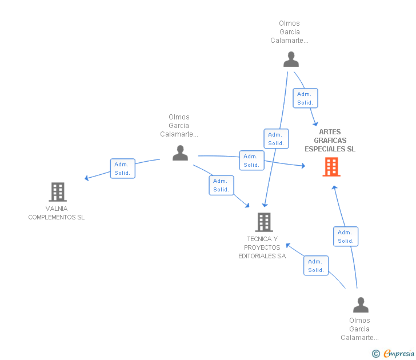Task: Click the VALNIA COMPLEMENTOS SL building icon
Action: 58,192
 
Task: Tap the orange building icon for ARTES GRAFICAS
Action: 331,167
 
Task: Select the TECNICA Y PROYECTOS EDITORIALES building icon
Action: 263,222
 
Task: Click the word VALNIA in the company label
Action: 57,209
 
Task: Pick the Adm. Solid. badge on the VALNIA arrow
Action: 122,169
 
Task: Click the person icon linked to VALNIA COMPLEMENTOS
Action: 181,153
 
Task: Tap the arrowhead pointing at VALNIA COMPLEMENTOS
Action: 87,178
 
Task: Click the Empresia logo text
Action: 398,353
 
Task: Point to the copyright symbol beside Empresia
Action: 375,354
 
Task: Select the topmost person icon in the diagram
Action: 291,59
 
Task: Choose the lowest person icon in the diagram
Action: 361,305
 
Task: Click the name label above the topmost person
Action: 289,32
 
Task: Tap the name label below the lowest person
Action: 359,329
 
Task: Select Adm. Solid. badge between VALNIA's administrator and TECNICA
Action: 221,185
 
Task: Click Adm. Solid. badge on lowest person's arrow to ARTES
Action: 345,237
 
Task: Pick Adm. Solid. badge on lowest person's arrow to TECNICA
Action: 316,266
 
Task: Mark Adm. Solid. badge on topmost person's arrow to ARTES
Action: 305,98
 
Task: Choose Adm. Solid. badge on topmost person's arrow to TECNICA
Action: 276,139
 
